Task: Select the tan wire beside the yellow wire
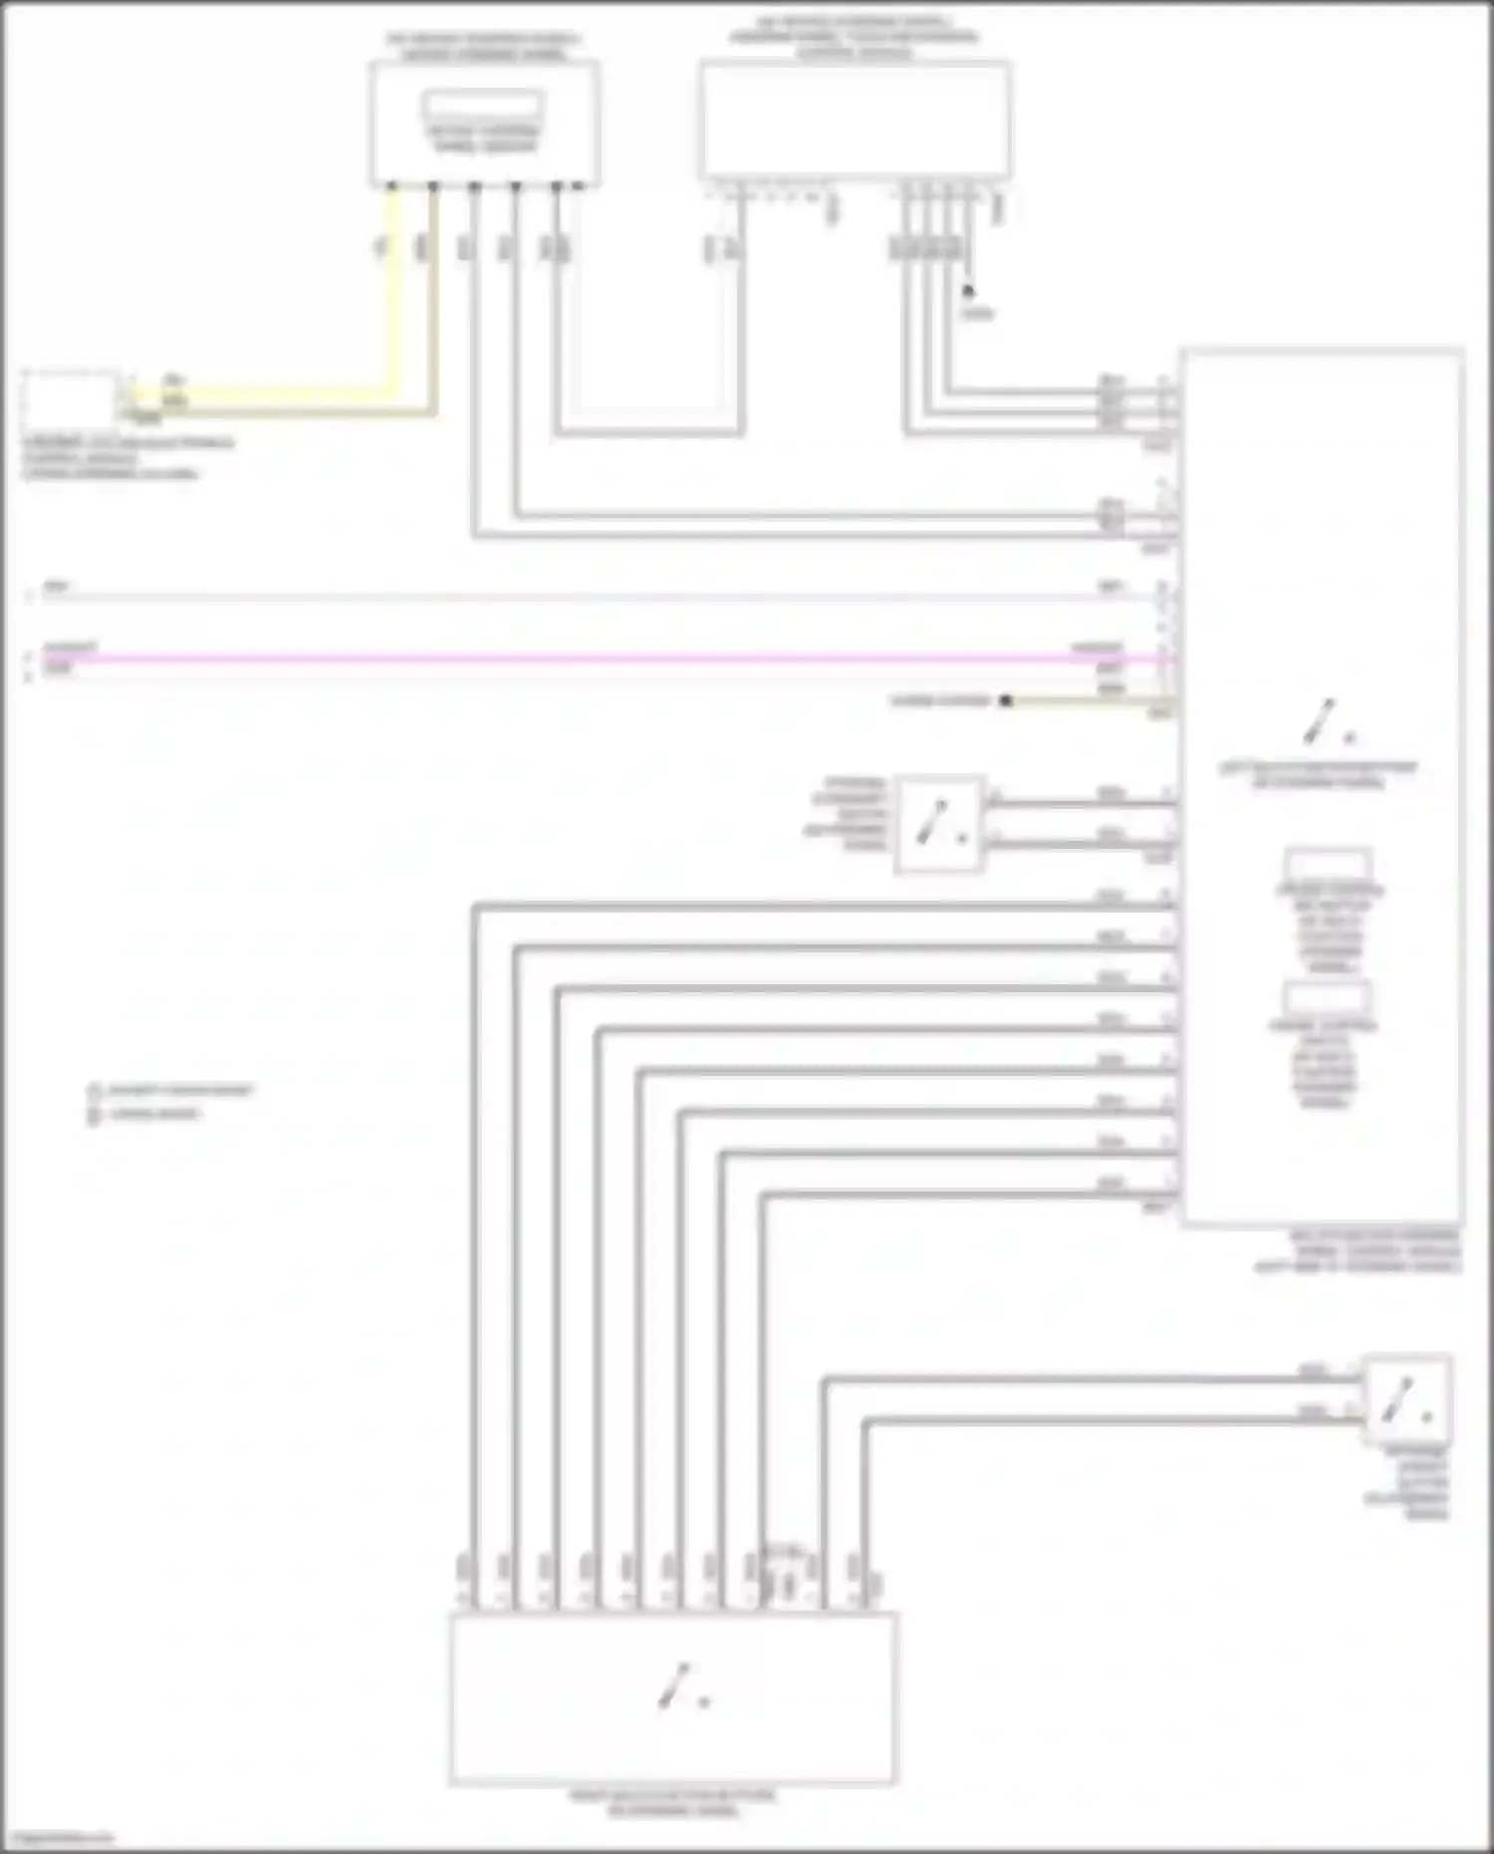tap(433, 299)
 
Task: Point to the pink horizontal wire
tap(598, 659)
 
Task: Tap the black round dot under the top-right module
tap(967, 291)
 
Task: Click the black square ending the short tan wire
tap(1006, 701)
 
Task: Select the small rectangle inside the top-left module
tap(483, 104)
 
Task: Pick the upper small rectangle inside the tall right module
tap(1329, 864)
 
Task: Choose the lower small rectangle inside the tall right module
tap(1327, 998)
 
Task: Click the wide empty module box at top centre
tap(855, 120)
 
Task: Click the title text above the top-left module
tap(484, 46)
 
